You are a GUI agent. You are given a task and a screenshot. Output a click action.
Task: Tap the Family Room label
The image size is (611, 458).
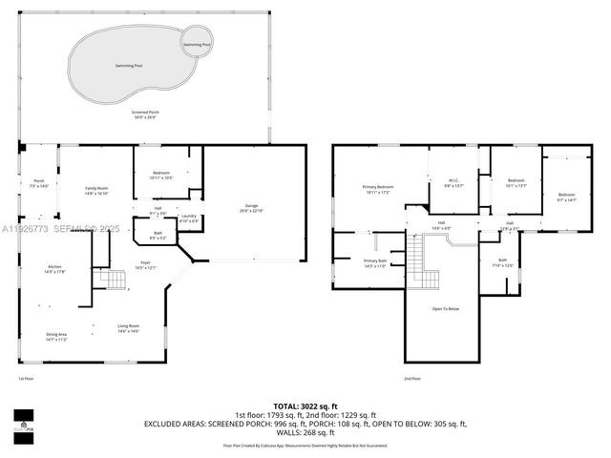(x=96, y=190)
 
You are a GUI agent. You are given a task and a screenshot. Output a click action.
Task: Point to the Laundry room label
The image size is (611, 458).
(x=188, y=219)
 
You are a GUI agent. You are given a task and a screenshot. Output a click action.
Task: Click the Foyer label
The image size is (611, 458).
(x=145, y=265)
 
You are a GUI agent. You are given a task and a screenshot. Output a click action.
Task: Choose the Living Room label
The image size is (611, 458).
(x=129, y=328)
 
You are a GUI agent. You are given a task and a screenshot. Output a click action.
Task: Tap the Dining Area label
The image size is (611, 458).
(x=56, y=336)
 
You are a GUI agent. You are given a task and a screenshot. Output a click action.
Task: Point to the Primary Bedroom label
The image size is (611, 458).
(x=378, y=189)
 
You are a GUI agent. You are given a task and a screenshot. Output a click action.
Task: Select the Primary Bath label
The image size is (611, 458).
(x=374, y=262)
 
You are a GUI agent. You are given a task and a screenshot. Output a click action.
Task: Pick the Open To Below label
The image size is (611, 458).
(x=446, y=308)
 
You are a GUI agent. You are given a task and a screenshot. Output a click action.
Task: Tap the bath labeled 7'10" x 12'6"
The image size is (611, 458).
(x=503, y=262)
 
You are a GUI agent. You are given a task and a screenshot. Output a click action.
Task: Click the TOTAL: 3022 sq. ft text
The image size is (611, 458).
(x=305, y=406)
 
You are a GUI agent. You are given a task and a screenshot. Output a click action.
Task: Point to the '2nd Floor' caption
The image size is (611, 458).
(x=411, y=379)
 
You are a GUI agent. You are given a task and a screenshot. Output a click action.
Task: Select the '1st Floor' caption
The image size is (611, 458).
(x=26, y=379)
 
